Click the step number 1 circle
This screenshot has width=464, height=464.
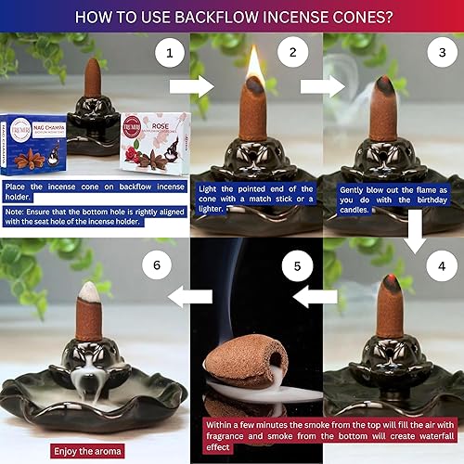[169, 54]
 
